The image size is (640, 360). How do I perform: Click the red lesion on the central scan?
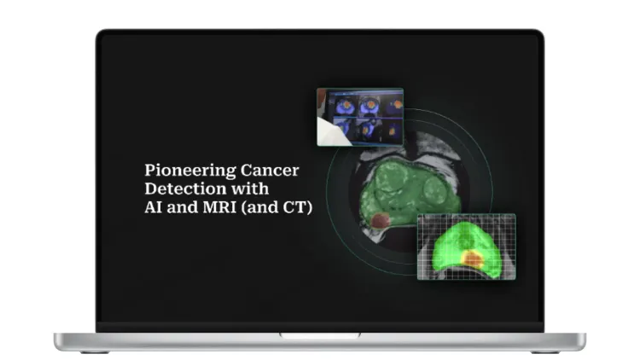[x=381, y=222]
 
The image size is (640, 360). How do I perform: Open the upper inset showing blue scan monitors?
[x=359, y=116]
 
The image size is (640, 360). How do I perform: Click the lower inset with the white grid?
[x=466, y=247]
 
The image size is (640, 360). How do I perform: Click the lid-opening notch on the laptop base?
[x=320, y=336]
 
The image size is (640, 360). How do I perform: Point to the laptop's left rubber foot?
[x=94, y=351]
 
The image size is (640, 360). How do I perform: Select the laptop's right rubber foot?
[x=546, y=351]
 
